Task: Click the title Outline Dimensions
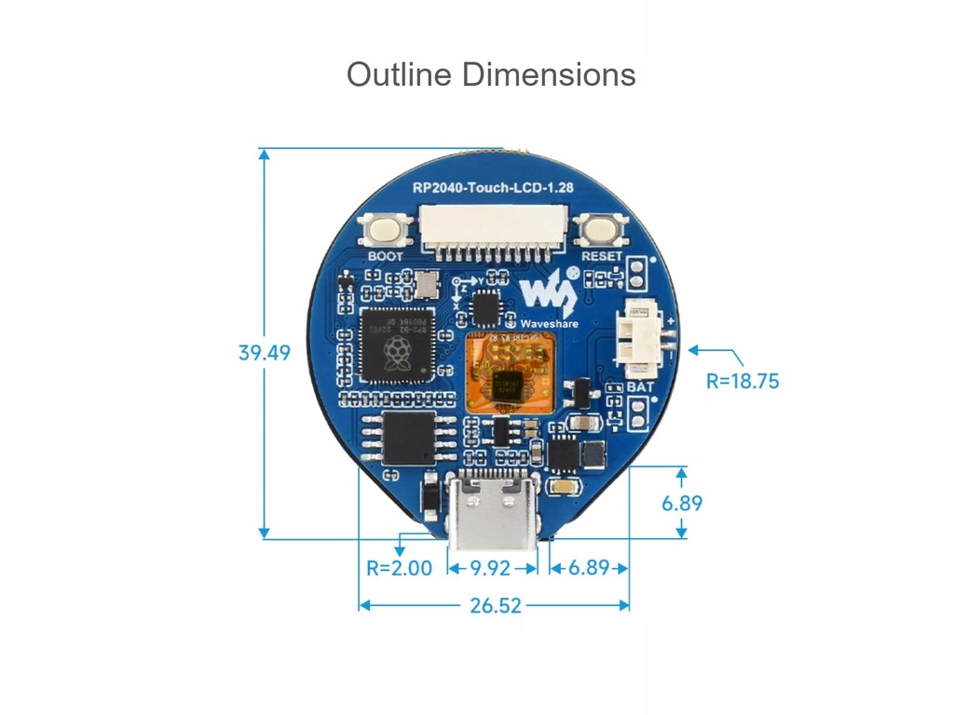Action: pyautogui.click(x=491, y=74)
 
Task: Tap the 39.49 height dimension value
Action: pyautogui.click(x=264, y=353)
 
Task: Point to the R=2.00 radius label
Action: pyautogui.click(x=399, y=567)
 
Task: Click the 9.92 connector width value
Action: pyautogui.click(x=491, y=567)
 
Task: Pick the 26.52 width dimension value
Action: pyautogui.click(x=495, y=605)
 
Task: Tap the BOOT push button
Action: pyautogui.click(x=385, y=230)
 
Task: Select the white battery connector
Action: pyautogui.click(x=641, y=337)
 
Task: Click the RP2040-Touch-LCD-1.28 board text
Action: pyautogui.click(x=493, y=187)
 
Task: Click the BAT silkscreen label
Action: pyautogui.click(x=639, y=384)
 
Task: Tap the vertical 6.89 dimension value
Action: pyautogui.click(x=682, y=504)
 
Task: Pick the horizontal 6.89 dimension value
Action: pyautogui.click(x=588, y=567)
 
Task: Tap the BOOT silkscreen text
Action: pyautogui.click(x=386, y=255)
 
